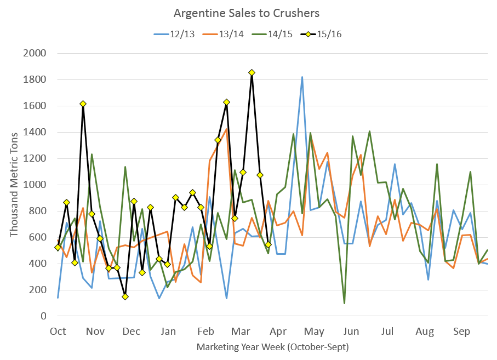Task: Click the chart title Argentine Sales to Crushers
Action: click(247, 13)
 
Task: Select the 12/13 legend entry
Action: click(174, 34)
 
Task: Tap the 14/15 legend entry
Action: click(272, 34)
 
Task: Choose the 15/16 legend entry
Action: click(321, 34)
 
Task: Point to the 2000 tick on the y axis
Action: click(35, 53)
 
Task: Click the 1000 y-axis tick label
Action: click(35, 185)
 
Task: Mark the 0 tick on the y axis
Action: click(43, 316)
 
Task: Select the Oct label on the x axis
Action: click(58, 332)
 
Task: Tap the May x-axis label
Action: click(314, 332)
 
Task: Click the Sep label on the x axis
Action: click(461, 332)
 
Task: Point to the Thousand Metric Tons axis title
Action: click(14, 185)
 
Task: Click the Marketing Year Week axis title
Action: click(272, 347)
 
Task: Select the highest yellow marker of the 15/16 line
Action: click(252, 72)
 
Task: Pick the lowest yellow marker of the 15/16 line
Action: click(125, 296)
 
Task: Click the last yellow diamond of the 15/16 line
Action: click(268, 244)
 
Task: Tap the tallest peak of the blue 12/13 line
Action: click(302, 77)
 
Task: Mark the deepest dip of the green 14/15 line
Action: click(344, 303)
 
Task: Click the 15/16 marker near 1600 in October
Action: click(83, 104)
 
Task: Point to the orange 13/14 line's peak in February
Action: click(226, 129)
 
